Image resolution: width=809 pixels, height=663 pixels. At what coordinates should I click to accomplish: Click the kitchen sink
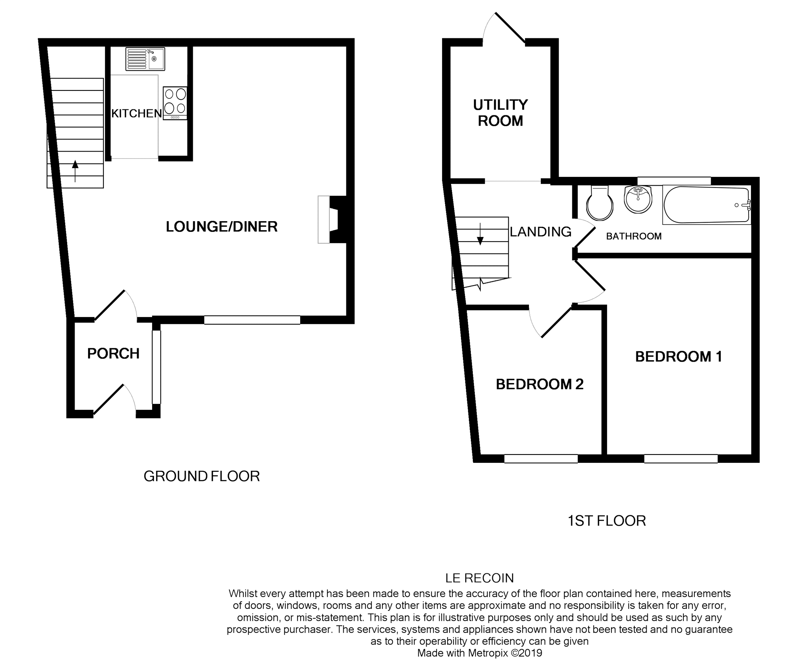point(145,59)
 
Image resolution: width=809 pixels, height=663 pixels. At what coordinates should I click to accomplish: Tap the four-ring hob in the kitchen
point(175,103)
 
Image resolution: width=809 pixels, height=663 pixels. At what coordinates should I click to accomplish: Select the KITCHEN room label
point(136,114)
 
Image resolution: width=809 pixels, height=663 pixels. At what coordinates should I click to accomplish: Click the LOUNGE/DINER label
point(222,227)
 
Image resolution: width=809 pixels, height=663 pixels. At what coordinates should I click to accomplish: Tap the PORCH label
point(113,353)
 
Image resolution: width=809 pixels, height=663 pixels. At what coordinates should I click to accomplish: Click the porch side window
point(156,367)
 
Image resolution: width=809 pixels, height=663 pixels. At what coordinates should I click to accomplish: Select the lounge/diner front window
point(252,320)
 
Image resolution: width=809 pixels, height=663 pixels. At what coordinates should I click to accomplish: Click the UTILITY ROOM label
point(500,113)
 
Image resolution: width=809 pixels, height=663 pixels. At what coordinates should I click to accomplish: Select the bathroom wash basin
point(638,199)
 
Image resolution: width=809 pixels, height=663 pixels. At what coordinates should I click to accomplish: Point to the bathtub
point(706,205)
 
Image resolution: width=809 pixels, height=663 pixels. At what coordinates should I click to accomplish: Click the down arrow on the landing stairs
point(480,235)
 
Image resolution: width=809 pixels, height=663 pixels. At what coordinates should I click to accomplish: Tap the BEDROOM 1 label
point(678,357)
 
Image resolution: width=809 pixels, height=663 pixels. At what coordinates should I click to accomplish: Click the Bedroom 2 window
point(541,458)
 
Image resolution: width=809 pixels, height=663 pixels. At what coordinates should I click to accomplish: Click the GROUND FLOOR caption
point(201,477)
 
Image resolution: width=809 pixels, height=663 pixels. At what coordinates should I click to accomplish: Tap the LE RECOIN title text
point(479,578)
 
